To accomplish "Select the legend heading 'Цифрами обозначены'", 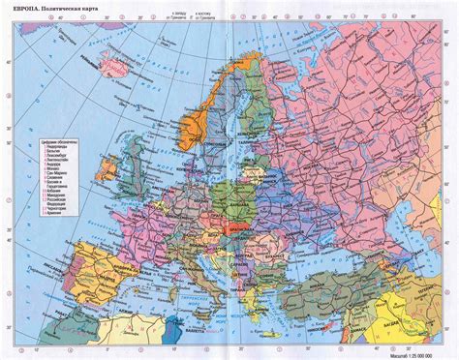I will pyautogui.click(x=51, y=144).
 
